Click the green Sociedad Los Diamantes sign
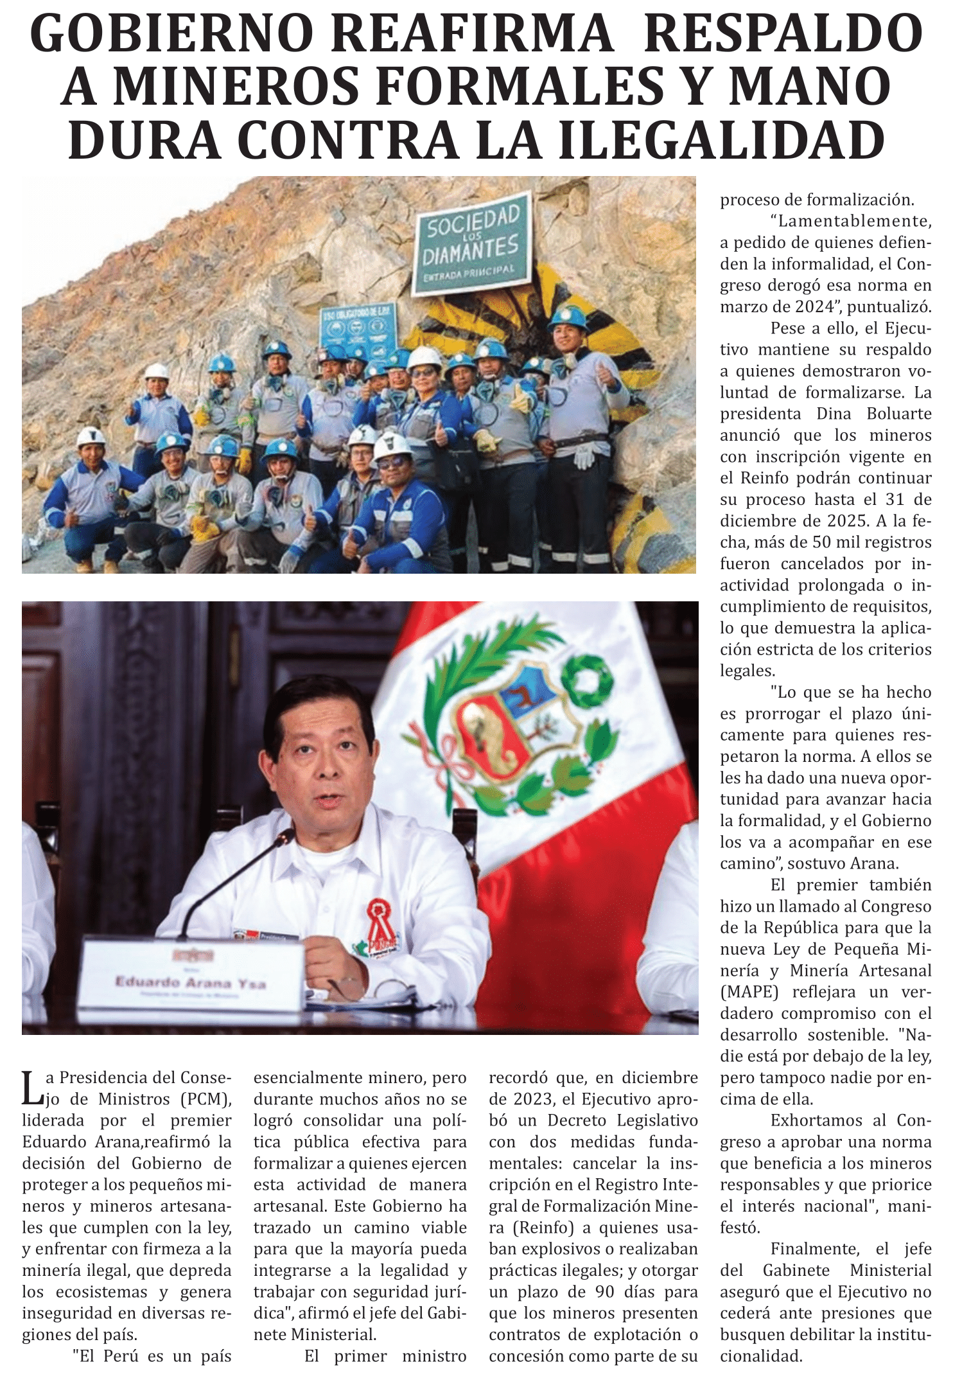click(472, 243)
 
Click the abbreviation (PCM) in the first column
click(205, 1099)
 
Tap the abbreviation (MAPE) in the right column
click(749, 992)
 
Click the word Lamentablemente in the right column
click(854, 221)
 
